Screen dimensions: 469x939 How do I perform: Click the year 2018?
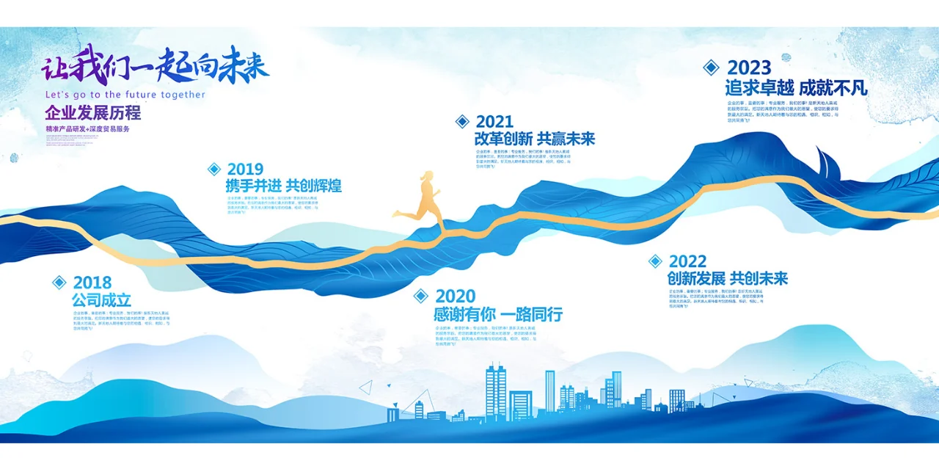[x=92, y=283]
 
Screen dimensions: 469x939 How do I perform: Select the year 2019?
[x=245, y=170]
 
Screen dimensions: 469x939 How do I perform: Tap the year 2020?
[x=456, y=296]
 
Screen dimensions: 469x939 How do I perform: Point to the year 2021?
[x=494, y=122]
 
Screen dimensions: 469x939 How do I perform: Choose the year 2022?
[x=687, y=261]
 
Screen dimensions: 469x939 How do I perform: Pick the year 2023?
[x=749, y=68]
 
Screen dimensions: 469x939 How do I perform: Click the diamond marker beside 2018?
[x=59, y=283]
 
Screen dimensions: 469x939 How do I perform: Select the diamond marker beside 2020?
[x=420, y=296]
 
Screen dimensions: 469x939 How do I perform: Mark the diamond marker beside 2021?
[x=462, y=122]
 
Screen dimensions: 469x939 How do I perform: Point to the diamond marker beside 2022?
[x=655, y=261]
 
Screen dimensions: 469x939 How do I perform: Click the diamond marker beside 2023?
[x=711, y=68]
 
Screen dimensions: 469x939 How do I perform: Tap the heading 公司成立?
[x=101, y=300]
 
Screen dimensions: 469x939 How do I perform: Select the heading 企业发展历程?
[x=92, y=113]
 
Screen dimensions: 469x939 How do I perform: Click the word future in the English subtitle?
[x=142, y=95]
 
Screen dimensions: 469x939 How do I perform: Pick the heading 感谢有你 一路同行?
[x=498, y=314]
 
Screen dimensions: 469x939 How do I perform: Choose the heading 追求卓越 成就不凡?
[x=796, y=88]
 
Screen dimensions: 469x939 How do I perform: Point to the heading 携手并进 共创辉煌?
[x=284, y=186]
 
